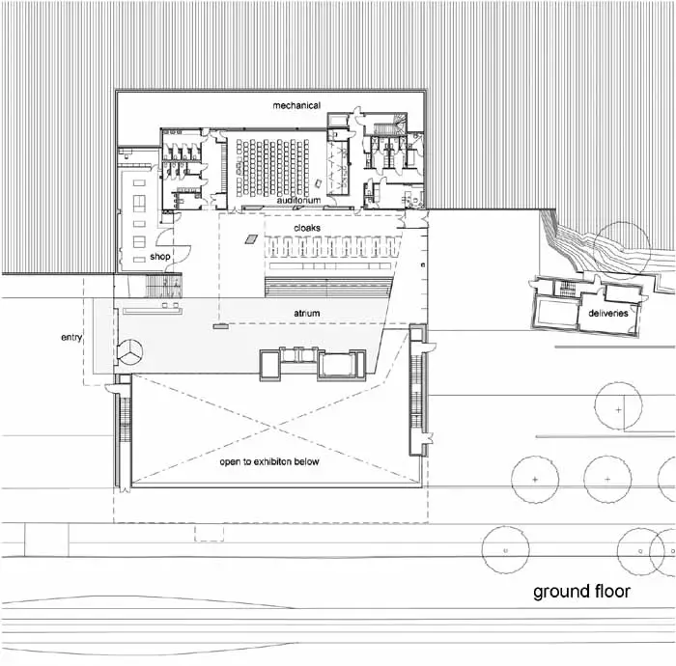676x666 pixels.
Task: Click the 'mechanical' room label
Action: (x=296, y=105)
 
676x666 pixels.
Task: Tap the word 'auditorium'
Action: (x=298, y=201)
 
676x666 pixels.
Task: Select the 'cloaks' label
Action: (x=307, y=228)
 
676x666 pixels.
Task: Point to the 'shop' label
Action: (x=160, y=257)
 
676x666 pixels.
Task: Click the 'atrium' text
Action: (x=307, y=313)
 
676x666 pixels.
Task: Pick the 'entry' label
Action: (x=71, y=337)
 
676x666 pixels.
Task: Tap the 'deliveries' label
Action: (x=607, y=313)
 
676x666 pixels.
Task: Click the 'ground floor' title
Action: (x=581, y=592)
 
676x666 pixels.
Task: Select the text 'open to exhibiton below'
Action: (x=269, y=461)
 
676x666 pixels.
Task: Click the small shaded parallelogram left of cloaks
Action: (x=251, y=239)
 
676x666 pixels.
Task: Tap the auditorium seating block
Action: (x=272, y=167)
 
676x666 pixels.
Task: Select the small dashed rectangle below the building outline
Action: (x=210, y=533)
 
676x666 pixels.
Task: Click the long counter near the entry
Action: (x=153, y=311)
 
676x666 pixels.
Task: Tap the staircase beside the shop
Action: (x=163, y=286)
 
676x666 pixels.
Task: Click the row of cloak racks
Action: (x=330, y=246)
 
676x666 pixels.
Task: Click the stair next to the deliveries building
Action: (x=565, y=289)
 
